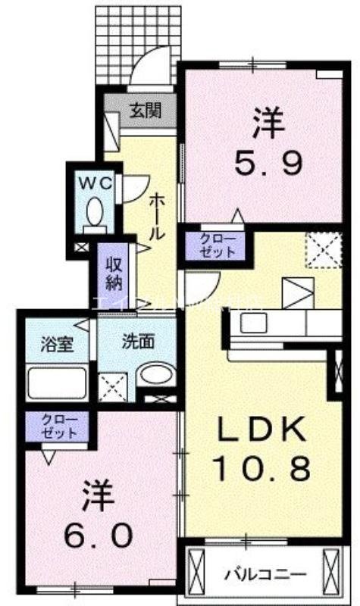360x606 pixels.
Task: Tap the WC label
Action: point(93,182)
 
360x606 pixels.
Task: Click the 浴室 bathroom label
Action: point(55,343)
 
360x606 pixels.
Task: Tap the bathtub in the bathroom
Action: point(58,383)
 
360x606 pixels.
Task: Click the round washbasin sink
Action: point(156,375)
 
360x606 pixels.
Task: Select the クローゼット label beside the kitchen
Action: point(218,247)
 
